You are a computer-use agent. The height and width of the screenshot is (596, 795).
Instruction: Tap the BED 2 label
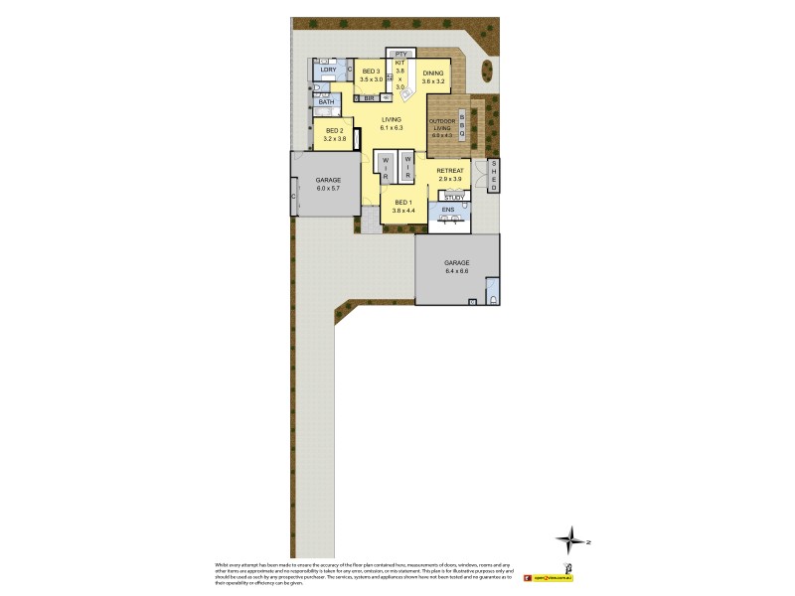335,131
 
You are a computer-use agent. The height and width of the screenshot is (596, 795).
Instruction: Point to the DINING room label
433,74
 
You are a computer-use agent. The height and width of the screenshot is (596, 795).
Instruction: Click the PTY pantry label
400,54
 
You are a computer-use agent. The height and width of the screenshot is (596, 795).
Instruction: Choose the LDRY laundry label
327,70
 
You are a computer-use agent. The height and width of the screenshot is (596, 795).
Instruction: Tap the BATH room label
326,101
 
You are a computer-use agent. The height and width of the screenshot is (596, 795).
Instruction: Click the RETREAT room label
451,171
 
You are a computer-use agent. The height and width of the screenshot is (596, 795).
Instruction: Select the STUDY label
453,197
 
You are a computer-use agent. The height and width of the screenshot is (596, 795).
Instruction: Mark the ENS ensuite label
447,210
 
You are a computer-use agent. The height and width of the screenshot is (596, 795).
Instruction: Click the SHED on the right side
494,175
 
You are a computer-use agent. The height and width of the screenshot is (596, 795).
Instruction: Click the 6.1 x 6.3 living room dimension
391,128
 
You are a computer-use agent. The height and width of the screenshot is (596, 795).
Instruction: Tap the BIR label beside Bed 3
369,98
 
